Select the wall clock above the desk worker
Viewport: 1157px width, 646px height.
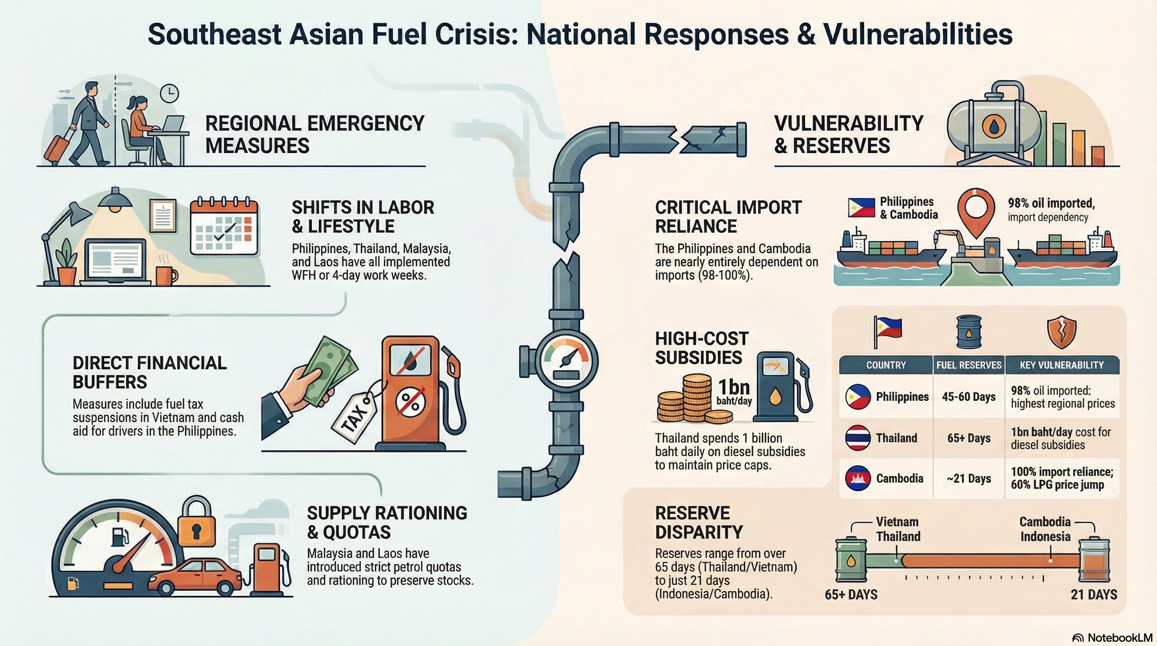click(x=169, y=93)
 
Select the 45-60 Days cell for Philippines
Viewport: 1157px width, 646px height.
click(x=968, y=397)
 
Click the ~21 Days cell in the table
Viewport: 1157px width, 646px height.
click(x=968, y=479)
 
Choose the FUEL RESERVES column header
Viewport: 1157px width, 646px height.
click(x=968, y=365)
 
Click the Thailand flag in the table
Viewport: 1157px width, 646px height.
click(x=858, y=437)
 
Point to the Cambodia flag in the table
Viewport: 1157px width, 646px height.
click(x=858, y=479)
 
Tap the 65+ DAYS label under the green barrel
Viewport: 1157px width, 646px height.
click(x=851, y=595)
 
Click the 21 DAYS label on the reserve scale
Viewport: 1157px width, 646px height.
click(x=1094, y=595)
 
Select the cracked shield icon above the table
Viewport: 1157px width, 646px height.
click(x=1061, y=332)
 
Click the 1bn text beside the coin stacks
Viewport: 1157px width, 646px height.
click(x=734, y=387)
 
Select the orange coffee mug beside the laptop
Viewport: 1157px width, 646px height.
click(x=165, y=275)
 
